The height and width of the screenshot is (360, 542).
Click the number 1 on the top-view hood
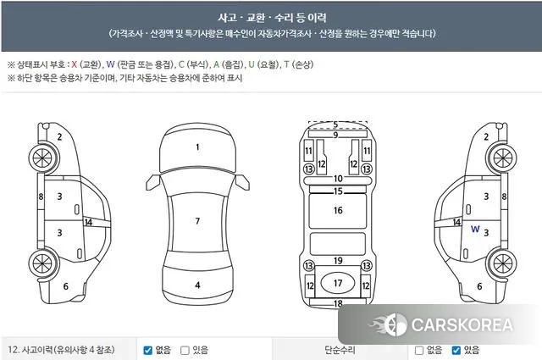pos(197,147)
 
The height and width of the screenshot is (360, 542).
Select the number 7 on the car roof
pos(197,221)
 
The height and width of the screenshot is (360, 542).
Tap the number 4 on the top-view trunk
pos(197,285)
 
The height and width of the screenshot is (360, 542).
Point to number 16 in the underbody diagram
pos(337,210)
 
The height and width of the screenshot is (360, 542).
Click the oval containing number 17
pos(337,283)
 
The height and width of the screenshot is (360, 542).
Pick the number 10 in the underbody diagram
pos(337,179)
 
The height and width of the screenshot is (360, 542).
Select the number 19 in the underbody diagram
pos(337,261)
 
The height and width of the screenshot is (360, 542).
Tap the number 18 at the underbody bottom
pos(337,303)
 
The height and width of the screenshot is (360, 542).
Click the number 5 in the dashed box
pos(335,125)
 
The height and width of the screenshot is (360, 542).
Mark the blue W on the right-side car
pos(475,229)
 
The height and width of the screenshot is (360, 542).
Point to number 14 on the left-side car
pos(87,222)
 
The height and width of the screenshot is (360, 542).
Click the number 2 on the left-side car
pos(59,136)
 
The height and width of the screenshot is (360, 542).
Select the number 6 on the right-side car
pos(479,286)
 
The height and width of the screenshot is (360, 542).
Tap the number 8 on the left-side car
pos(40,197)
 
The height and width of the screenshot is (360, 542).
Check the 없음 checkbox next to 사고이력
pos(148,350)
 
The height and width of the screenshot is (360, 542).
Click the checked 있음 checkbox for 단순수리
pos(456,350)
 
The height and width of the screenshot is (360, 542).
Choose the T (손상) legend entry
pos(299,64)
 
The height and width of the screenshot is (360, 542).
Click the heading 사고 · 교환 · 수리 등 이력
pos(272,17)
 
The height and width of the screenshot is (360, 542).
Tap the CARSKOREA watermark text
pos(461,324)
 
